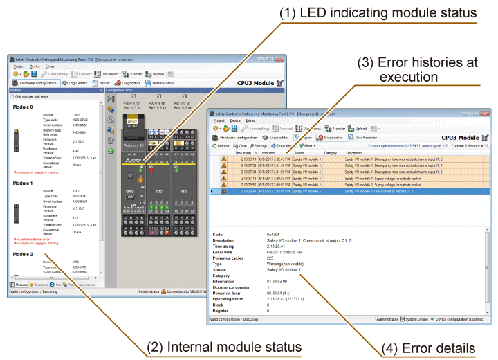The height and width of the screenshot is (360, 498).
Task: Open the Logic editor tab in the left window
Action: coord(81,82)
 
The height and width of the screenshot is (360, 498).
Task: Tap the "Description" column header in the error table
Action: coord(353,153)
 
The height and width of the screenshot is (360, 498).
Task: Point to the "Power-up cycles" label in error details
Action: coord(231,258)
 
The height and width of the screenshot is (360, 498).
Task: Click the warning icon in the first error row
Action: coord(223,159)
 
